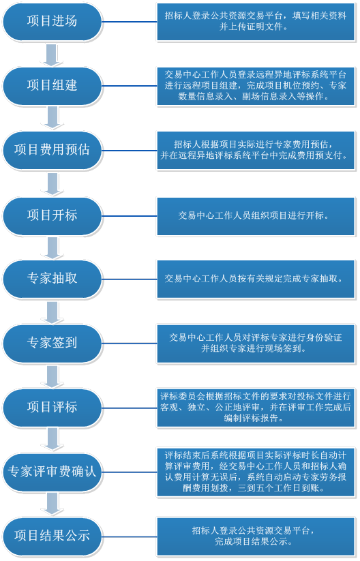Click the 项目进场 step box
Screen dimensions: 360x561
click(52, 21)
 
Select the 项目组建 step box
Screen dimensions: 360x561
click(52, 86)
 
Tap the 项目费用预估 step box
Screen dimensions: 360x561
click(52, 150)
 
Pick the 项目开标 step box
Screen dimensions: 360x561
click(52, 215)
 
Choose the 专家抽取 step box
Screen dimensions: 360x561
click(52, 279)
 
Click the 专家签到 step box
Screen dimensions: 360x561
click(52, 343)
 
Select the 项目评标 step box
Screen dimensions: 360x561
click(52, 408)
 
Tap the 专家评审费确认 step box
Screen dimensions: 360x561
click(52, 472)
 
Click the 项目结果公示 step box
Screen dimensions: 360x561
click(52, 536)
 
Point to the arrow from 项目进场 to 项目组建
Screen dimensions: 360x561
click(52, 55)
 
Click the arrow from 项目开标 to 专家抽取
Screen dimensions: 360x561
click(52, 248)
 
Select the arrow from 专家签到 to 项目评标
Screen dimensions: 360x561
click(52, 376)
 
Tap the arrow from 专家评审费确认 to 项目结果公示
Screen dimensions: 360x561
click(52, 504)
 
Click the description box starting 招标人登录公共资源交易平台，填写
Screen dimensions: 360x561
click(256, 21)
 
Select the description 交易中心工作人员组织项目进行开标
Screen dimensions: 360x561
click(256, 216)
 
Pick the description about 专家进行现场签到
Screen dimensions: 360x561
click(256, 344)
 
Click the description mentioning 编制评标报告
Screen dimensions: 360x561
click(256, 408)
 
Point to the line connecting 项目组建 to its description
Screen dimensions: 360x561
click(130, 86)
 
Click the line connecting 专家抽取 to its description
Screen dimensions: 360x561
click(130, 279)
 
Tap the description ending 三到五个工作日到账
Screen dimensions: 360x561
click(256, 472)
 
